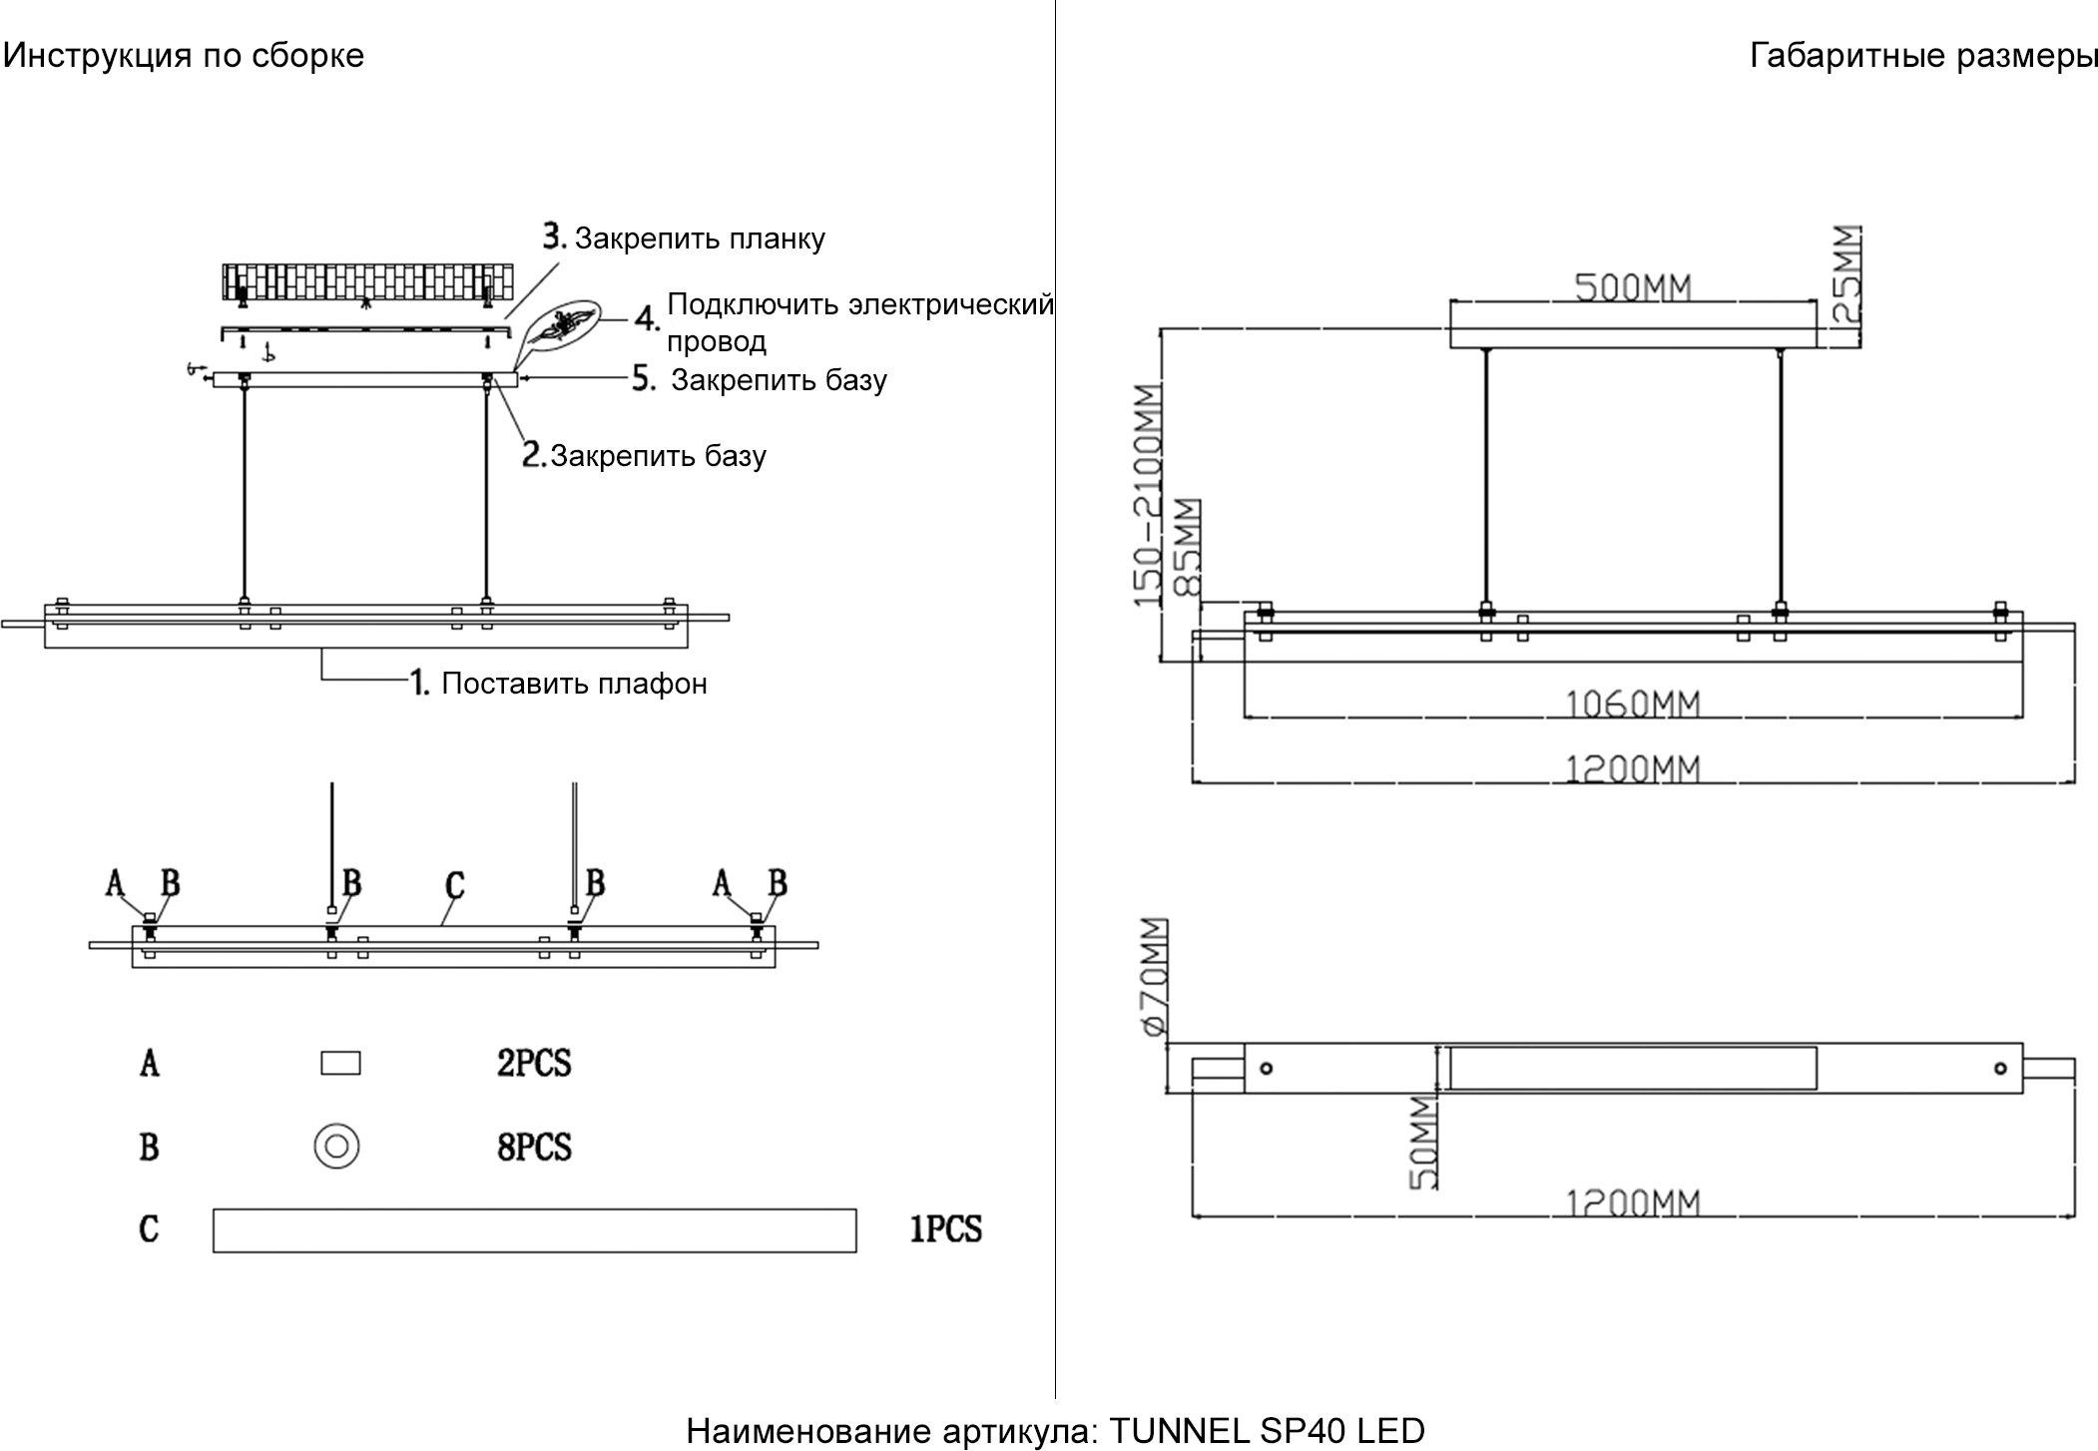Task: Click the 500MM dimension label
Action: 1633,287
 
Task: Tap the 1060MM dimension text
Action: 1631,705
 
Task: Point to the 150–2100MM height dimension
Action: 1149,495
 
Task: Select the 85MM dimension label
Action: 1188,547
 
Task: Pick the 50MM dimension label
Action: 1423,1142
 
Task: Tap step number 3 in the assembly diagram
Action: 555,238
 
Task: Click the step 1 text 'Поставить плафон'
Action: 574,684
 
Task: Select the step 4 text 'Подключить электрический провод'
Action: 858,321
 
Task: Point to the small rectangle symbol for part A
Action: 340,1063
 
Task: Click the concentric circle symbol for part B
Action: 336,1146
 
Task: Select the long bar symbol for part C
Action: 534,1229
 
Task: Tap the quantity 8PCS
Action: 534,1147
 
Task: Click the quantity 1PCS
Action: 945,1229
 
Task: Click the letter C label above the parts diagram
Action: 454,885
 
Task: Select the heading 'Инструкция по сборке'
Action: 184,55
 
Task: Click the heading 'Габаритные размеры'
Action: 1922,56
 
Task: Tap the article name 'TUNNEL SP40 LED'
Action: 1267,1431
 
